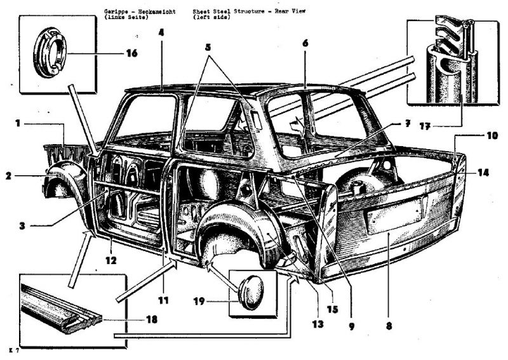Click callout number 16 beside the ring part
pyautogui.click(x=131, y=53)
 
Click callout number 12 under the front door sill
pyautogui.click(x=111, y=259)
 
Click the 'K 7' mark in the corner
pyautogui.click(x=13, y=350)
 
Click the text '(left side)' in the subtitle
pyautogui.click(x=212, y=17)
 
